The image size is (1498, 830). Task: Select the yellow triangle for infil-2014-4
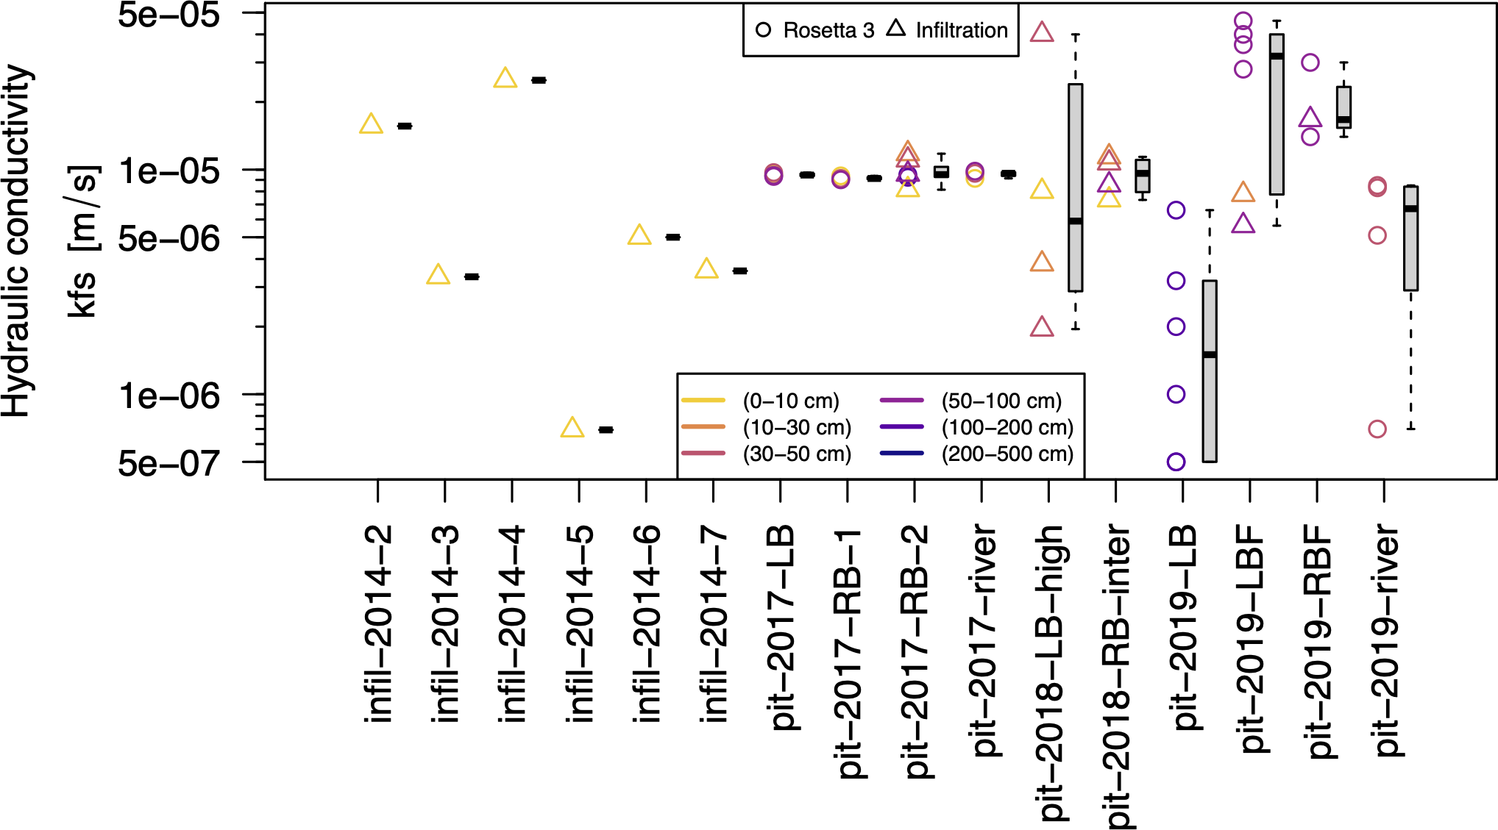505,78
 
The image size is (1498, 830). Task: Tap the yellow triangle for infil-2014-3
438,275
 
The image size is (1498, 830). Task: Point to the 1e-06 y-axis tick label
169,396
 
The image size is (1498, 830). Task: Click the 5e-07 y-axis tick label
169,463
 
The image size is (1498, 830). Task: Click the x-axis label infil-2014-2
380,623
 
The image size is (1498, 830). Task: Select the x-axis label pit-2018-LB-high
1051,673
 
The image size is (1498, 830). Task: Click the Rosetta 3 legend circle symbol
764,30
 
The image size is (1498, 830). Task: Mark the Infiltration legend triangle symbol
896,28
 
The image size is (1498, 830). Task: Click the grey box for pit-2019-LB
1210,371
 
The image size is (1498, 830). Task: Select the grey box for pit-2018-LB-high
1076,187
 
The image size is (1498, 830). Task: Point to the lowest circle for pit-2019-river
1377,429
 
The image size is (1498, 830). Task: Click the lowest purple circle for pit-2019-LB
1176,462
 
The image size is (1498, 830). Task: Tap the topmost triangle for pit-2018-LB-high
1042,32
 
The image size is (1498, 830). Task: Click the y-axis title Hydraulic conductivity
16,241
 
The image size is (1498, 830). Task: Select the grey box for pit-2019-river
1410,238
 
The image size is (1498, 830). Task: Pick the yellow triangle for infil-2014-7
706,269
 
